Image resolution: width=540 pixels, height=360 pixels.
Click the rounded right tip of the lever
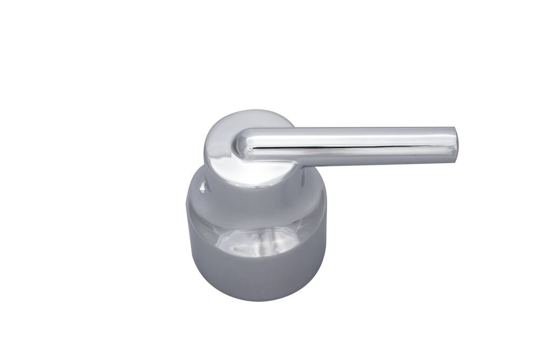pyautogui.click(x=455, y=146)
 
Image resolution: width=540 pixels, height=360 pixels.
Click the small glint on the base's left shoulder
pyautogui.click(x=202, y=187)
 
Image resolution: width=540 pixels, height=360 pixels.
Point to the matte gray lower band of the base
pyautogui.click(x=257, y=278)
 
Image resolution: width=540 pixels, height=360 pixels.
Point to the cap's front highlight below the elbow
pyautogui.click(x=254, y=173)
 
